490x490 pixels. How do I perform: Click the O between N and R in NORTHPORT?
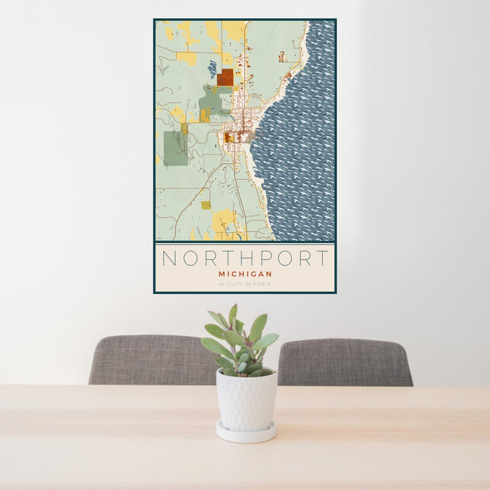[190, 258]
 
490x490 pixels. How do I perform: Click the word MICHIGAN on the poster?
[245, 274]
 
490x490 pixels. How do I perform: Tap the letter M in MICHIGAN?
[221, 274]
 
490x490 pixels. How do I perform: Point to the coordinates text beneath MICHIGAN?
[245, 283]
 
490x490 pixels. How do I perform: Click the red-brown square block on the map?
[225, 78]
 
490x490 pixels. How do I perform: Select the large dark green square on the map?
[175, 148]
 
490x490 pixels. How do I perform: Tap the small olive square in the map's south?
[206, 205]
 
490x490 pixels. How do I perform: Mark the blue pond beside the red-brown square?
[212, 69]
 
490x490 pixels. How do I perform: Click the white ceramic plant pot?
[246, 400]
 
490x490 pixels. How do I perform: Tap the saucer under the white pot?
[246, 434]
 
